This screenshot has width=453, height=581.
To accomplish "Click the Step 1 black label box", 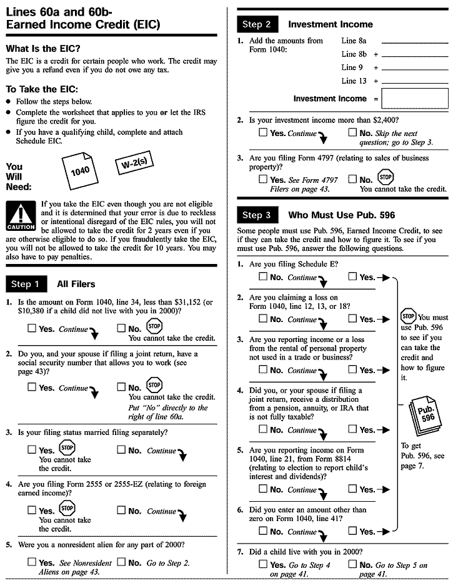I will [x=26, y=284].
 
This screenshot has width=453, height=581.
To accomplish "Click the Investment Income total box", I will [x=415, y=99].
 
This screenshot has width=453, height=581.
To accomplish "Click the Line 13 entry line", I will [x=414, y=82].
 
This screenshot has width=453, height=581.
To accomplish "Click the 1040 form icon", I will [x=81, y=169].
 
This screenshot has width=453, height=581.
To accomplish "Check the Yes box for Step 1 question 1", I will [x=32, y=328].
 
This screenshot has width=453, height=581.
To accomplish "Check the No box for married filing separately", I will [x=121, y=449].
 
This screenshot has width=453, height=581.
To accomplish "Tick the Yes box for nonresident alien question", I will [x=32, y=562].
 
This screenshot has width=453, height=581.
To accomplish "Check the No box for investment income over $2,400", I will [x=352, y=132].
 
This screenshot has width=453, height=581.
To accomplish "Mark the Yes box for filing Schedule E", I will [x=352, y=276].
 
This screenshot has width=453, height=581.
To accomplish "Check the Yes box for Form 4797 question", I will [x=262, y=180].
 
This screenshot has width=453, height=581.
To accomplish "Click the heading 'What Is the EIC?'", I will [x=43, y=49].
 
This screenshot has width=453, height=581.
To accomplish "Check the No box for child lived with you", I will [x=352, y=564].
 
